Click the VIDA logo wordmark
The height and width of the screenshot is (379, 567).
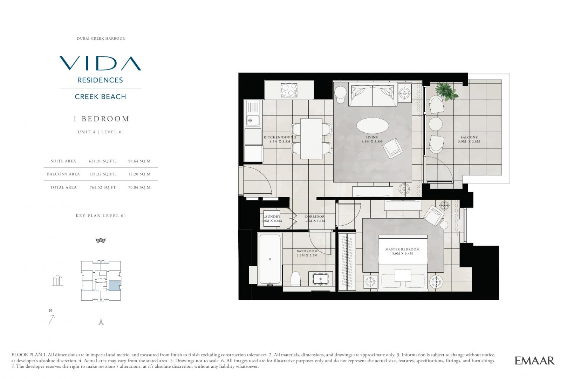pyautogui.click(x=100, y=63)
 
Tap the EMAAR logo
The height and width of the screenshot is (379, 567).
pyautogui.click(x=535, y=360)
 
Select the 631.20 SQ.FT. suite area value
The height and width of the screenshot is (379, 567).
pyautogui.click(x=103, y=161)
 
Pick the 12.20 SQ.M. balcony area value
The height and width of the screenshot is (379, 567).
pyautogui.click(x=140, y=174)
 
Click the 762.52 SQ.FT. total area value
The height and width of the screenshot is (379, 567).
pyautogui.click(x=103, y=187)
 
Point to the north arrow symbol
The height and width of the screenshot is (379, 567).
pyautogui.click(x=52, y=319)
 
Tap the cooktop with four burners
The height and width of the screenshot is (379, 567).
pyautogui.click(x=289, y=90)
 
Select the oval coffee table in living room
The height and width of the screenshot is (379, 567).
pyautogui.click(x=373, y=126)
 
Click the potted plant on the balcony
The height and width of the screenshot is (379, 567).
pyautogui.click(x=446, y=91)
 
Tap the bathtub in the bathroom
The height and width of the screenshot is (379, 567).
pyautogui.click(x=270, y=259)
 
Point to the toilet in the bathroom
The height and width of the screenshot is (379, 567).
pyautogui.click(x=295, y=279)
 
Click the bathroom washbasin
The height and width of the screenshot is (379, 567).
pyautogui.click(x=320, y=279)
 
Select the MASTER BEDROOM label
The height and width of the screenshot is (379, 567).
pyautogui.click(x=402, y=250)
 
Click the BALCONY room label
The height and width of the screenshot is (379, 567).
pyautogui.click(x=469, y=137)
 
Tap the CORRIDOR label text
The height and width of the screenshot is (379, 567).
pyautogui.click(x=314, y=217)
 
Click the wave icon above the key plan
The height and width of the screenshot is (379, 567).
pyautogui.click(x=101, y=240)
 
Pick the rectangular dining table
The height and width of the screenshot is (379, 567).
pyautogui.click(x=311, y=139)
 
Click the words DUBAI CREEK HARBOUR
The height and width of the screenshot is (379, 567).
pyautogui.click(x=101, y=39)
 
